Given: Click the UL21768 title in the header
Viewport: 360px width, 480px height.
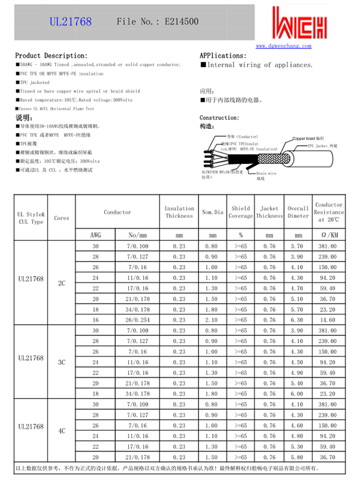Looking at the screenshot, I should click(70, 22).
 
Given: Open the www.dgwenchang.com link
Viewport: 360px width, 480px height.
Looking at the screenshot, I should click(284, 46).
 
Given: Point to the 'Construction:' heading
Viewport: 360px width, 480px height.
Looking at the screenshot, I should click(219, 118).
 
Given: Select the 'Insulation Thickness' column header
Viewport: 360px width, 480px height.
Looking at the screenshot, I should click(179, 212).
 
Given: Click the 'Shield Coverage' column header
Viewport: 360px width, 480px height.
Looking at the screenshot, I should click(241, 212).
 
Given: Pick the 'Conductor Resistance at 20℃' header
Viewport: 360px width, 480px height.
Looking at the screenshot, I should click(329, 212).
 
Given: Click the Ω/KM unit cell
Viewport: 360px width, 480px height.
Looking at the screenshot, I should click(329, 235).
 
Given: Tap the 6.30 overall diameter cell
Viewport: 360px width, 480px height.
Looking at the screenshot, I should click(297, 320).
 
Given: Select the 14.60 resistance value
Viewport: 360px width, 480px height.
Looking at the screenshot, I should click(329, 320).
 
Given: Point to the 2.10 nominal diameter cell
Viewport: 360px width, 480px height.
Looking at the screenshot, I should click(212, 320).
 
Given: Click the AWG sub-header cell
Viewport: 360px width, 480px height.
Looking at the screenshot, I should click(95, 235).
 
